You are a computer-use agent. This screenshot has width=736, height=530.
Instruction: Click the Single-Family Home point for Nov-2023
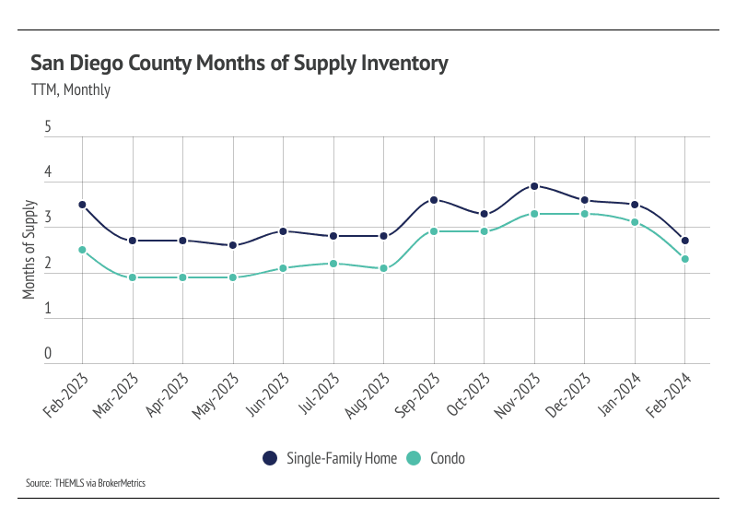534,186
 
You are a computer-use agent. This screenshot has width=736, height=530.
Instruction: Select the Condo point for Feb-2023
83,250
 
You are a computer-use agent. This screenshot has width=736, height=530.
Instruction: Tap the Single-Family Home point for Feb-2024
684,241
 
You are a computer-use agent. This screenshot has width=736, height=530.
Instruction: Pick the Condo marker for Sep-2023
434,231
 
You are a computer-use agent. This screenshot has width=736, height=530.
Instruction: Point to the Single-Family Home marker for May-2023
233,245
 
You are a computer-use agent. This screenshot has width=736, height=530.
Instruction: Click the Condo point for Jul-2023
333,264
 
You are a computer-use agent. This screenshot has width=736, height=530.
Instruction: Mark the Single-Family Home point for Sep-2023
434,200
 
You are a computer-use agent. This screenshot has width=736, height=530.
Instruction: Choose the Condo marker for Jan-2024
635,222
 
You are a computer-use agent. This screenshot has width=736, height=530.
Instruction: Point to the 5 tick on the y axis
48,129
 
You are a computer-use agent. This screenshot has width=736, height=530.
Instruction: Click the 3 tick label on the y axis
48,219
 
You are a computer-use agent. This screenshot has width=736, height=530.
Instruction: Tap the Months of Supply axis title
29,250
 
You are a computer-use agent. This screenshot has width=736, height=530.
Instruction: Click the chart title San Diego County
239,64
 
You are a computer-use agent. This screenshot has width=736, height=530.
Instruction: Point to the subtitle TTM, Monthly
71,90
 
